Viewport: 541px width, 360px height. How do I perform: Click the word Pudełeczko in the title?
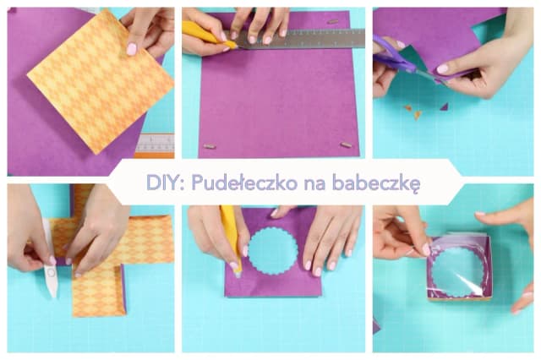[244, 182]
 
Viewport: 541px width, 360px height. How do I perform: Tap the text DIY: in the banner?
[166, 182]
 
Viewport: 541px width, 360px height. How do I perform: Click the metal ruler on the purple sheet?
[300, 39]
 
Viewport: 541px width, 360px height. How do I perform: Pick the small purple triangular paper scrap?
[444, 106]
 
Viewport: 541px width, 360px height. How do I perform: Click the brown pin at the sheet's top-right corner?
[332, 21]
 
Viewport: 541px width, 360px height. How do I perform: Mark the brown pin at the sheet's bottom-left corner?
[210, 146]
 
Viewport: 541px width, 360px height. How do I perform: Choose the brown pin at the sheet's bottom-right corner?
[346, 145]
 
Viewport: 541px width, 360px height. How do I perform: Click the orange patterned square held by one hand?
[100, 81]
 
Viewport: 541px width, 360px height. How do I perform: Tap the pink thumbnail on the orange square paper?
[132, 49]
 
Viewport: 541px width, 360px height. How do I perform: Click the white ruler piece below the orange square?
[155, 144]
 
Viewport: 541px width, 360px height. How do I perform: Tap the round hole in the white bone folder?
[52, 272]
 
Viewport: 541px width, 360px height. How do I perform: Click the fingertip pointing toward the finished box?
[481, 215]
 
